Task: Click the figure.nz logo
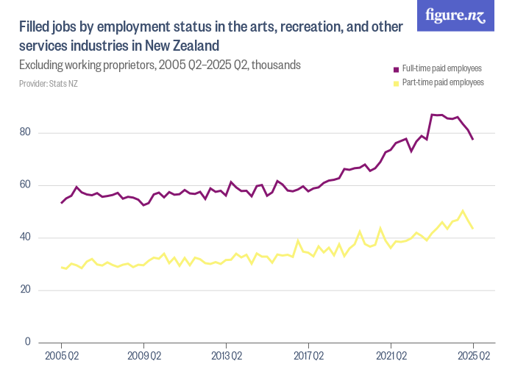(455, 15)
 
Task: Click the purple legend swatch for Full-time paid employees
(395, 69)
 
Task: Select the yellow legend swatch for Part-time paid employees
(395, 83)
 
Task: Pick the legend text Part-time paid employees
(441, 83)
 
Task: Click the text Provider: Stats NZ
(49, 84)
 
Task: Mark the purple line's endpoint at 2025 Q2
(473, 139)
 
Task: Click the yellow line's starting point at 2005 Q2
(61, 267)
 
